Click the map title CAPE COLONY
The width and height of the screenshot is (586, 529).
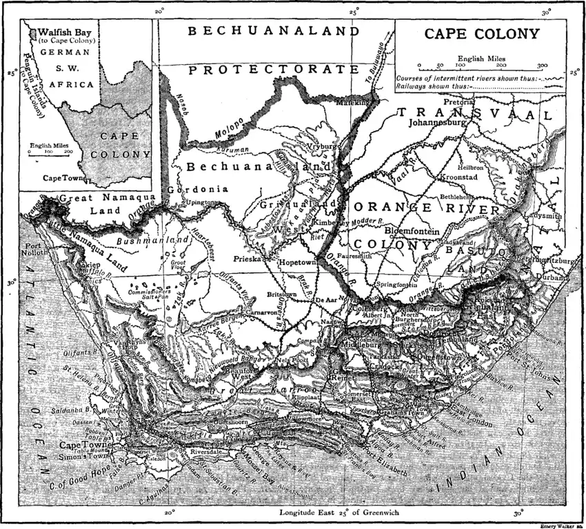(482, 34)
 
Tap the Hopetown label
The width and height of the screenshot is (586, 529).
(297, 263)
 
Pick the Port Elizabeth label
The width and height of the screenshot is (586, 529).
(383, 468)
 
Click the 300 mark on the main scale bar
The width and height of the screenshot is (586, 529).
(541, 67)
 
